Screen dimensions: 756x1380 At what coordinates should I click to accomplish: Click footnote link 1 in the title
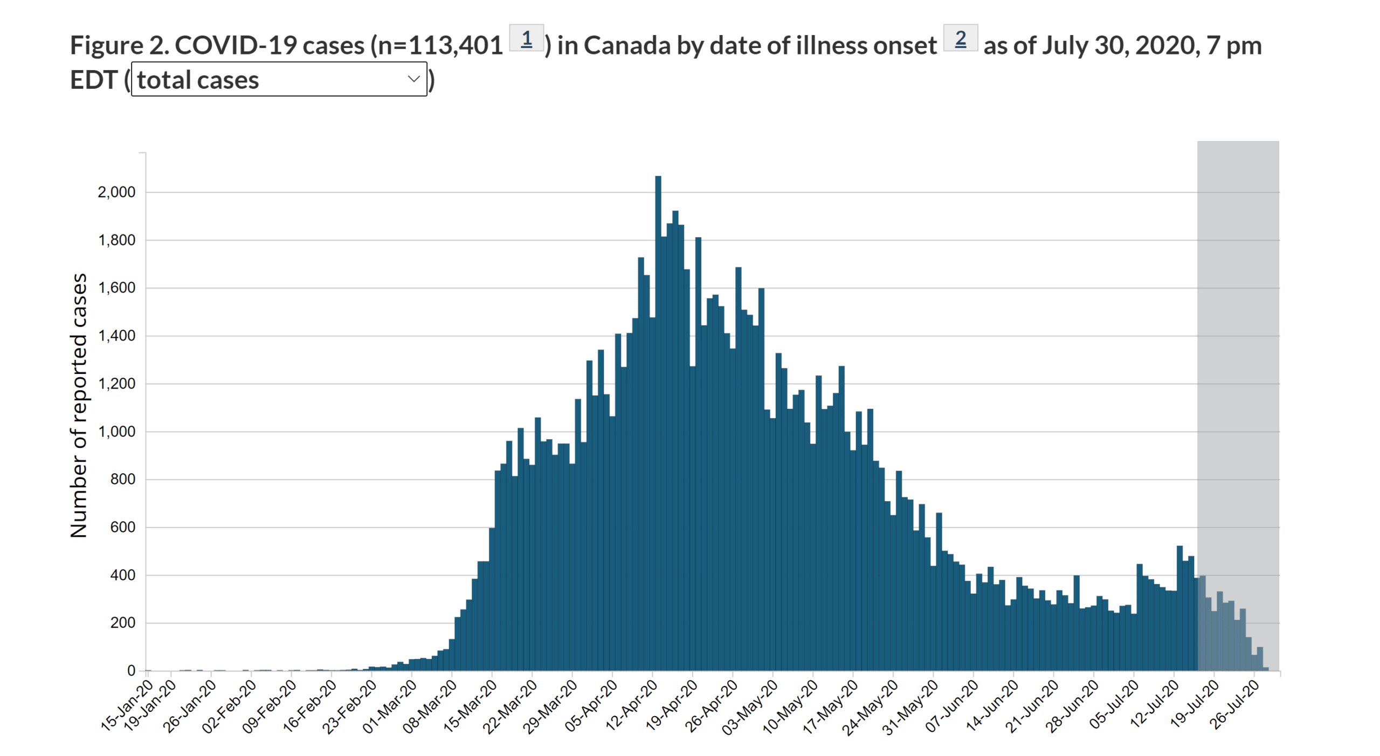click(x=526, y=39)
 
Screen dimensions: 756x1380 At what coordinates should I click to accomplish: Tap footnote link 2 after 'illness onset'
click(x=960, y=39)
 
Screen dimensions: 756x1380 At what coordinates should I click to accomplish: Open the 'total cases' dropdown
click(x=279, y=79)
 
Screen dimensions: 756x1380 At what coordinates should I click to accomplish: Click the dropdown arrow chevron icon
click(x=413, y=79)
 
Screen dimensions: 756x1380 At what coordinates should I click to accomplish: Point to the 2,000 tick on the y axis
click(x=116, y=192)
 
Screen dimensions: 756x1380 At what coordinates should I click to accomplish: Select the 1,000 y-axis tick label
click(x=116, y=432)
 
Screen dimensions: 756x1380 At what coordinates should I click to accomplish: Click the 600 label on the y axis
click(x=122, y=527)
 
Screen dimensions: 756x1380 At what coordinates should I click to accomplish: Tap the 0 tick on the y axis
click(x=131, y=670)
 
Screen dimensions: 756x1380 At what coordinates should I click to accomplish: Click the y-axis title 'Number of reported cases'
click(x=79, y=405)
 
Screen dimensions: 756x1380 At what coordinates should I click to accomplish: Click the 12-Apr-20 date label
click(x=632, y=705)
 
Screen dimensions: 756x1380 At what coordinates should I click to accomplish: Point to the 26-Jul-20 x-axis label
click(x=1234, y=705)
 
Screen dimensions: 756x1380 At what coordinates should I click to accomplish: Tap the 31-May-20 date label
click(x=911, y=706)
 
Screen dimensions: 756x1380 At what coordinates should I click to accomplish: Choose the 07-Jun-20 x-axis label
click(x=952, y=705)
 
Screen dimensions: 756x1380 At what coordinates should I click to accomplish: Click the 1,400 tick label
click(x=116, y=336)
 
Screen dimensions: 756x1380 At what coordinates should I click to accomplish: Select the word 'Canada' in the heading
click(x=627, y=45)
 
